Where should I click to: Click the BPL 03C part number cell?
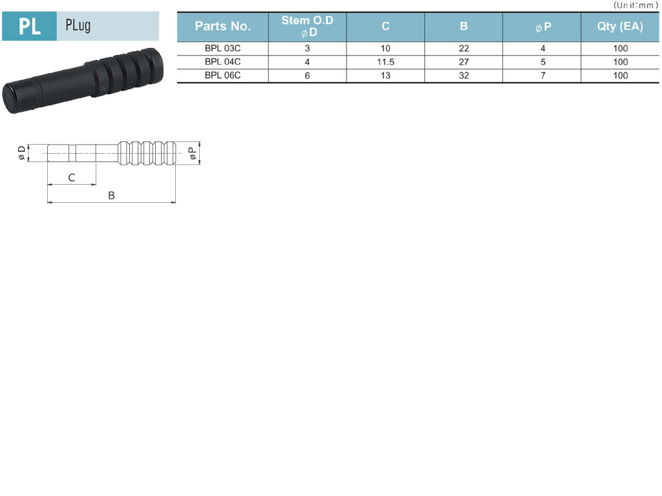[222, 48]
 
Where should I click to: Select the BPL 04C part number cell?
[222, 62]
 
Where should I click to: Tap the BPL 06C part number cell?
[222, 76]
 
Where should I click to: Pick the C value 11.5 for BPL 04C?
[385, 62]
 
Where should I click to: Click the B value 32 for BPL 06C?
[464, 76]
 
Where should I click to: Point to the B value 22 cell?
[464, 48]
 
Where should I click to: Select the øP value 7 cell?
[543, 76]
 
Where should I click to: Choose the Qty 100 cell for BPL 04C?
[620, 62]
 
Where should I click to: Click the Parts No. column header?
[222, 26]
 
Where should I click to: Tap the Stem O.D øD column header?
[307, 26]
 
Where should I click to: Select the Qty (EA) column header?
[620, 26]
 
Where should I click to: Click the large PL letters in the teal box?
[30, 26]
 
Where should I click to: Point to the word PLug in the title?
[78, 25]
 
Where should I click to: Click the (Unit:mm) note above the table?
[635, 5]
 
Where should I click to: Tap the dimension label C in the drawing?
[71, 178]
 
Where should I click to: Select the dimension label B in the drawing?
[111, 195]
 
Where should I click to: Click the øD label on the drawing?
[21, 152]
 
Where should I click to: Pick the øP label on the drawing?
[193, 154]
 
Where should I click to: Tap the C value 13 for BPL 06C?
[385, 76]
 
